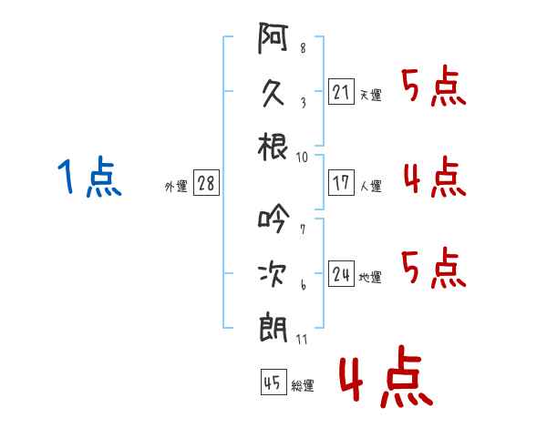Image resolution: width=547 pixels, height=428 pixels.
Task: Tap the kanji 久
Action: [273, 94]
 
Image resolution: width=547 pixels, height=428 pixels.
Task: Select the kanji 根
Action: [273, 146]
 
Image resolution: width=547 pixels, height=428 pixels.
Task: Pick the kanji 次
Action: [273, 273]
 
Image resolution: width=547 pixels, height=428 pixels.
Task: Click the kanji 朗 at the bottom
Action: [273, 327]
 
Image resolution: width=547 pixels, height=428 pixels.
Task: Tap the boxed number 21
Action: [341, 92]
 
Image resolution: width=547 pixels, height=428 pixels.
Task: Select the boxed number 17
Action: [341, 183]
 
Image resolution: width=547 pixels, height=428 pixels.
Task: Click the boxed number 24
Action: [341, 274]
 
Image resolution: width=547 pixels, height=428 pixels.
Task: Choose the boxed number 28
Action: [206, 183]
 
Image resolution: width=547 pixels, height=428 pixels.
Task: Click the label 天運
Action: [370, 95]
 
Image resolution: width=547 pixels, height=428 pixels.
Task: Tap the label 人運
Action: [370, 186]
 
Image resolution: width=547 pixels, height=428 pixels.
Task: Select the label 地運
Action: [370, 277]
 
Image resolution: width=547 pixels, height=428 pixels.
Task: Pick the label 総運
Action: [303, 385]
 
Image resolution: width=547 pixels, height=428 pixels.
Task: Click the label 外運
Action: [175, 186]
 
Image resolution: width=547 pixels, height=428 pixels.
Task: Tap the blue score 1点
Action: [88, 177]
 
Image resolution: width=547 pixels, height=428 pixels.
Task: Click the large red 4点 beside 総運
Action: [383, 379]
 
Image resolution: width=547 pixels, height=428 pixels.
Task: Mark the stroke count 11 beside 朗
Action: [302, 340]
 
